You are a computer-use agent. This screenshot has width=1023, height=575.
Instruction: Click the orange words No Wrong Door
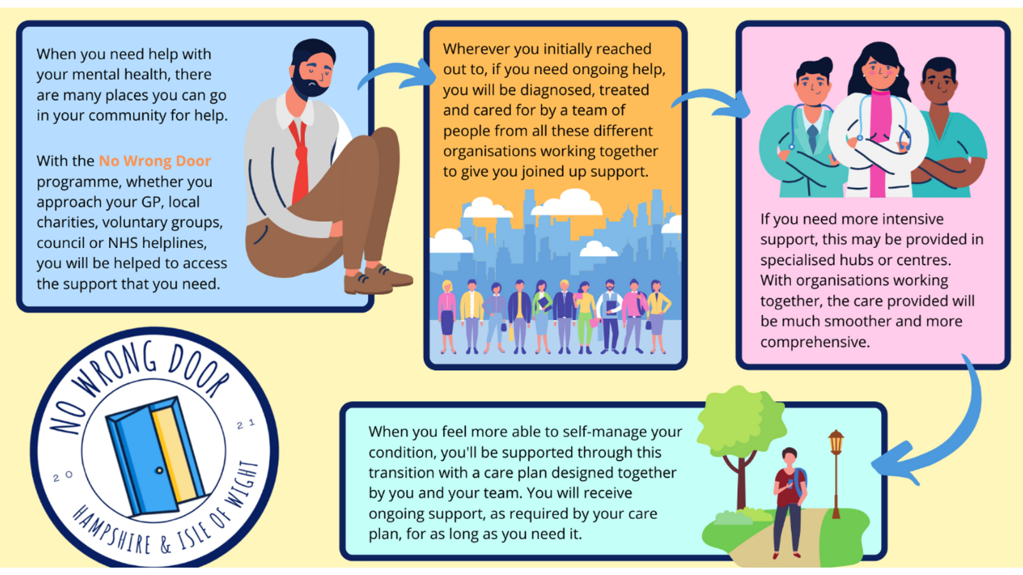click(155, 161)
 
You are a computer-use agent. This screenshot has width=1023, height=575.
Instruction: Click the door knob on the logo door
click(159, 470)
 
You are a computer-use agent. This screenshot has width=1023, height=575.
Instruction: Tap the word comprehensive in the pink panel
click(815, 342)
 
